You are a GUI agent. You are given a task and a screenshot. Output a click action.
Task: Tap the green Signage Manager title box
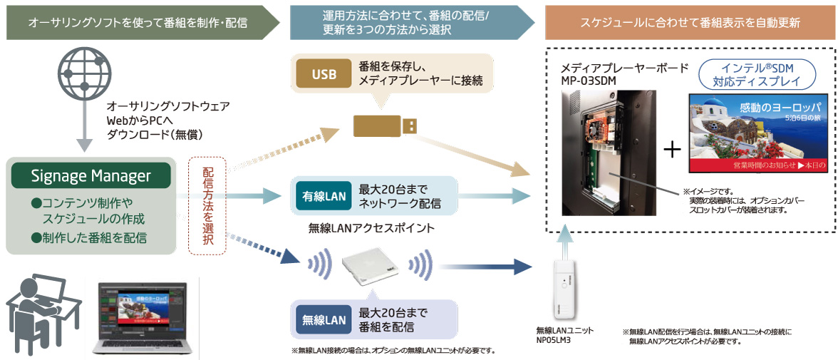pos(91,175)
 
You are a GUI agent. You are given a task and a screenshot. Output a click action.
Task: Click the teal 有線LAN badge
pos(324,196)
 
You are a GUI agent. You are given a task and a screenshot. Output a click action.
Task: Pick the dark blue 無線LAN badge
pos(324,320)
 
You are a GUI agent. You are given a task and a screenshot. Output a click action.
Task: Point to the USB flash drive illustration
pos(386,125)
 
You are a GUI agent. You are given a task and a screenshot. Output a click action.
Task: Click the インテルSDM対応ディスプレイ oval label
pos(757,72)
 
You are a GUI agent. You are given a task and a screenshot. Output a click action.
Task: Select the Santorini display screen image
pos(757,133)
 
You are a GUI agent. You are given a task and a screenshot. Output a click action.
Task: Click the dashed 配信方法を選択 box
pos(207,206)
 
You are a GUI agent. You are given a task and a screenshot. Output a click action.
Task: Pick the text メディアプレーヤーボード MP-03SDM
pos(624,73)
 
